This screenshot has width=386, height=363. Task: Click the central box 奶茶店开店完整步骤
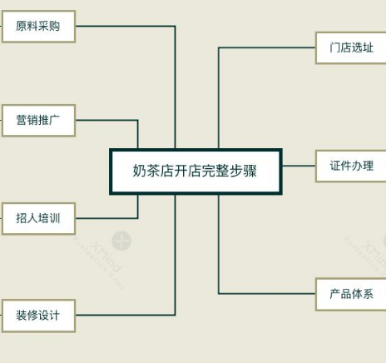pyautogui.click(x=195, y=172)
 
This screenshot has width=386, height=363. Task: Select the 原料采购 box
pyautogui.click(x=38, y=27)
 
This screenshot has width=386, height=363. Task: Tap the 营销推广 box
pyautogui.click(x=38, y=121)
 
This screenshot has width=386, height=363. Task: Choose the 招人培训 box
pyautogui.click(x=38, y=219)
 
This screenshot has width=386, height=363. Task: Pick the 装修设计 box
pyautogui.click(x=38, y=316)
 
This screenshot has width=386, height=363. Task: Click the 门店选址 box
pyautogui.click(x=351, y=47)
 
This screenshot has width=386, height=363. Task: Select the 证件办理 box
pyautogui.click(x=351, y=166)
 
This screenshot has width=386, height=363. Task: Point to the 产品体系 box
pyautogui.click(x=351, y=294)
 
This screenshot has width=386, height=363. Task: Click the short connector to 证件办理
pyautogui.click(x=299, y=166)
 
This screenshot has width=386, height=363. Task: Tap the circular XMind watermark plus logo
pyautogui.click(x=121, y=241)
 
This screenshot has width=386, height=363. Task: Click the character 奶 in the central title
pyautogui.click(x=139, y=171)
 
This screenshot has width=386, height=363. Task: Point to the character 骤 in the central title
pyautogui.click(x=250, y=171)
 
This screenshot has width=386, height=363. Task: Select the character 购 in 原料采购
pyautogui.click(x=54, y=26)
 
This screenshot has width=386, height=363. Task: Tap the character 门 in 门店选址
pyautogui.click(x=334, y=47)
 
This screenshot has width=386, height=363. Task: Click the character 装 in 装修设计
pyautogui.click(x=22, y=316)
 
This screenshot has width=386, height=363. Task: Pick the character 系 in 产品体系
pyautogui.click(x=368, y=294)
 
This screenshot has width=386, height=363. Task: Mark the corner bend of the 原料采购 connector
pyautogui.click(x=175, y=27)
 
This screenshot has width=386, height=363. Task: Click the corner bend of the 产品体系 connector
pyautogui.click(x=219, y=293)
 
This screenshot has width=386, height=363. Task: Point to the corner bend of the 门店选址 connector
pyautogui.click(x=219, y=47)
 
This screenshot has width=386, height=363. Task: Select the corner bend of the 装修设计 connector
pyautogui.click(x=175, y=315)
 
